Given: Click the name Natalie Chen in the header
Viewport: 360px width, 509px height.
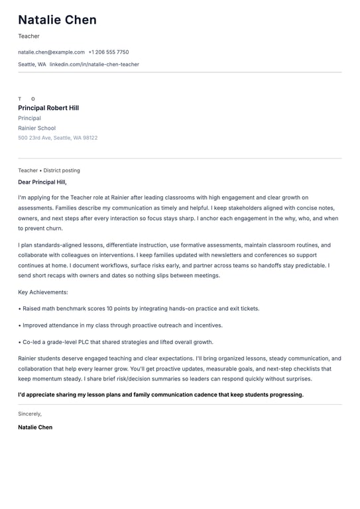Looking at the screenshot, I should (x=57, y=20).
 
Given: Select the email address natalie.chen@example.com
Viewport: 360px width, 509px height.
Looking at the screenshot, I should (x=51, y=52).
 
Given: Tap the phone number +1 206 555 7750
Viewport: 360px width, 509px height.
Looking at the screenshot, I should (x=109, y=52).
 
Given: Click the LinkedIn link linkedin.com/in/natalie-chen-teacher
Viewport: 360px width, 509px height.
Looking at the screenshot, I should (x=94, y=64).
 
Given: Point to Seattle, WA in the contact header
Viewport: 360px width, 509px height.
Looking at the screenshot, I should (x=32, y=64).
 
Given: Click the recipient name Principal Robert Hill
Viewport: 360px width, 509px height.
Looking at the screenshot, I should (x=48, y=108).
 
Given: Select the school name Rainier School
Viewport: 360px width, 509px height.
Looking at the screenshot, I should (x=36, y=128).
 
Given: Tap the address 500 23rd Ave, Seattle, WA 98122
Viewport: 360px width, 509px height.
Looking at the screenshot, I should (x=58, y=138).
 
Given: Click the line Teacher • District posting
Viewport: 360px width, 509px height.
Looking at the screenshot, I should (x=49, y=170).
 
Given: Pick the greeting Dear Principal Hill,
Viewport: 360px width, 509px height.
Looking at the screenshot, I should (x=42, y=182).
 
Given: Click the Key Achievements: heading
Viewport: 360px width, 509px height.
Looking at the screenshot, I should (x=43, y=292).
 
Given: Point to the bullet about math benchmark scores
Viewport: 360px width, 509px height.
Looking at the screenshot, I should (x=139, y=308).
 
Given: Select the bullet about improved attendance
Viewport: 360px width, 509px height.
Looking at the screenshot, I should (x=120, y=325).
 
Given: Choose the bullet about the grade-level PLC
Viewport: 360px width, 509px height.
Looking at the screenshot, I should (x=115, y=342).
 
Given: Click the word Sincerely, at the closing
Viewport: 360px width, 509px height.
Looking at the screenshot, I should (x=30, y=414).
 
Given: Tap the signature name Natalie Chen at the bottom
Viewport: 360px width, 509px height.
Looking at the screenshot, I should (x=35, y=427).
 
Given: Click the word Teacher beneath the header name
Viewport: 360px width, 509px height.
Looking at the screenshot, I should (x=29, y=36).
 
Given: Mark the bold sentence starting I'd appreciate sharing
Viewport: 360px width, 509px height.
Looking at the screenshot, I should (x=160, y=394).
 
